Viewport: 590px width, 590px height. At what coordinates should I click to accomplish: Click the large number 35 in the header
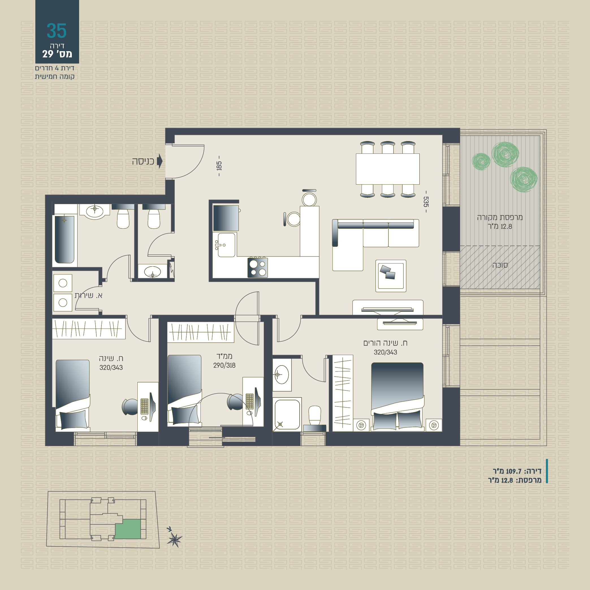(57, 31)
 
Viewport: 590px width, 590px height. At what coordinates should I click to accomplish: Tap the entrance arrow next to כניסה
(159, 161)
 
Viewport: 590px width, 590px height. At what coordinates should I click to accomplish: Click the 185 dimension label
(219, 166)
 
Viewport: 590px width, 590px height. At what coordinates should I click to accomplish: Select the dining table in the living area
(388, 169)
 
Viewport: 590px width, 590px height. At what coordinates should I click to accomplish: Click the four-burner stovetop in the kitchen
(258, 267)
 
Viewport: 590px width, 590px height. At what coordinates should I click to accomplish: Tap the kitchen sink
(226, 245)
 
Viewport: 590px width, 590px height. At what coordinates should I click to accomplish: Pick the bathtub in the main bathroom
(64, 239)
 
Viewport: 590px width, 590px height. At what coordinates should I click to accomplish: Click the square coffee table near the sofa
(391, 276)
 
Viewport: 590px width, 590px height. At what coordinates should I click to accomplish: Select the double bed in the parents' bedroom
(397, 396)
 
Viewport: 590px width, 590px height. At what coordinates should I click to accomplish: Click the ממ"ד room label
(224, 356)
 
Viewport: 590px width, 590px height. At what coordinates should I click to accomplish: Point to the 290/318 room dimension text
(224, 365)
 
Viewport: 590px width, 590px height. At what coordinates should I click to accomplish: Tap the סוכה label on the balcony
(500, 265)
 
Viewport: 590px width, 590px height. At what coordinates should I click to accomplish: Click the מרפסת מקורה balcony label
(500, 217)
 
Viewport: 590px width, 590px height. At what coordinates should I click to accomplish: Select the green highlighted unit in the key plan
(128, 529)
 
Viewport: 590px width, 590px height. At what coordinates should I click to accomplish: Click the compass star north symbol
(174, 540)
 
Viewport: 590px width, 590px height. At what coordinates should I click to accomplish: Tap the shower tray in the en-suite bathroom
(287, 414)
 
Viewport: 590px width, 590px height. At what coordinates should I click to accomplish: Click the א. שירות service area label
(88, 295)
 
